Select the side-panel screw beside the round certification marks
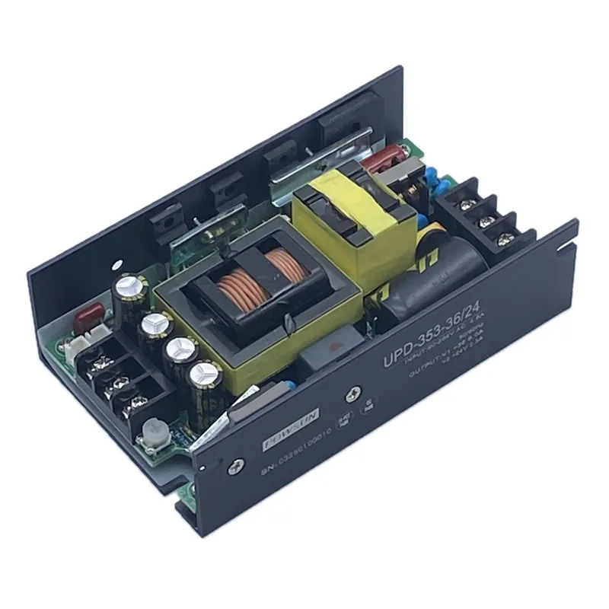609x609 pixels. tap(353, 394)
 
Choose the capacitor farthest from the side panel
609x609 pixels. tap(126, 293)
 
